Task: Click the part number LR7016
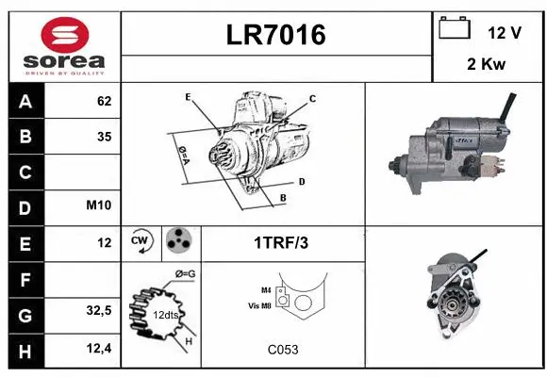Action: coord(276,35)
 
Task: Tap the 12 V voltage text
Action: coord(505,32)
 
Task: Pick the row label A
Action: coord(26,102)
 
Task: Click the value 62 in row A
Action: coord(104,102)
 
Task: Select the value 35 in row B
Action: coord(104,137)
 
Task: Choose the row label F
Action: coord(26,278)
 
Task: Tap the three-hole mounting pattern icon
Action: coord(177,241)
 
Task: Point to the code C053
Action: coord(282,350)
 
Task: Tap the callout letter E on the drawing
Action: coord(189,97)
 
